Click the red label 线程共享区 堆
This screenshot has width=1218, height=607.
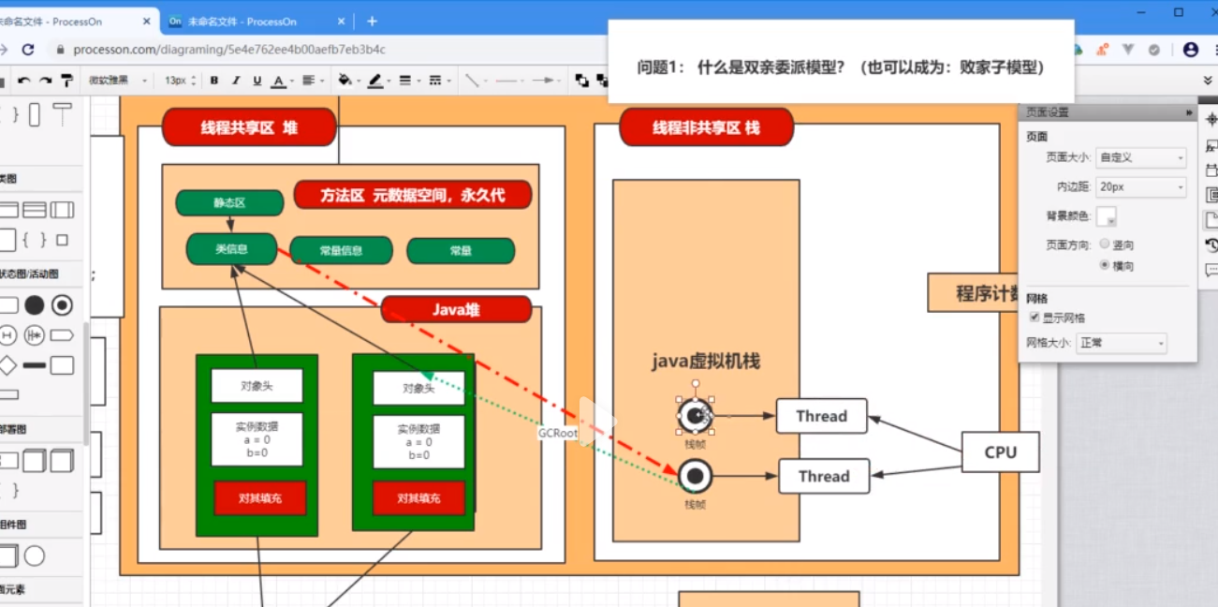point(248,127)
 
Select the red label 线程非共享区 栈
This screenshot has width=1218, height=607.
point(706,127)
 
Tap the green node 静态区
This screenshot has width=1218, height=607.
point(229,202)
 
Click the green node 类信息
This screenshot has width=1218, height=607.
point(231,249)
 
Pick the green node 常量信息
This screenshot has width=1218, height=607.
point(341,250)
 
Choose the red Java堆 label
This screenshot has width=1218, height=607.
point(456,309)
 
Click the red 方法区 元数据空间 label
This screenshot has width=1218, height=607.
point(413,195)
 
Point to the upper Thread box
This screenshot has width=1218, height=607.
point(821,416)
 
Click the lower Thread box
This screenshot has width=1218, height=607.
point(824,476)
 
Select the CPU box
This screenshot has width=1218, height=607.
point(1000,452)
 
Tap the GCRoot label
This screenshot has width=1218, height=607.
point(557,434)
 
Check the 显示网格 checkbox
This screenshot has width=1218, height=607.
point(1035,318)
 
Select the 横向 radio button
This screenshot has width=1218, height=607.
point(1105,266)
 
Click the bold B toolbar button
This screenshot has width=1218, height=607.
point(214,81)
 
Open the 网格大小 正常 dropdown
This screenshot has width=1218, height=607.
point(1121,343)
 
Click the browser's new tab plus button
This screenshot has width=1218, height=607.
point(372,21)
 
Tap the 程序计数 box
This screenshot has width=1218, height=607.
point(974,292)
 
